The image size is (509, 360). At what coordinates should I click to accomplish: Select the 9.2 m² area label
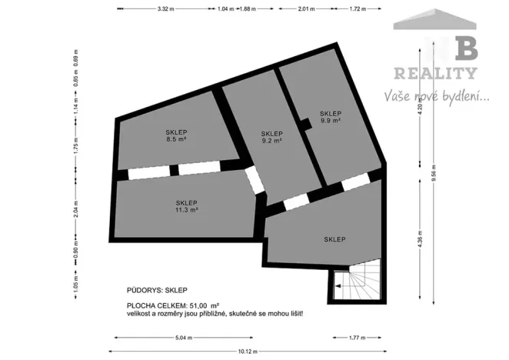click(271, 141)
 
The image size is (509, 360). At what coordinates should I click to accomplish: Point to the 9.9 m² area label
click(331, 120)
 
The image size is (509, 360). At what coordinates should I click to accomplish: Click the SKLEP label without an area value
click(334, 239)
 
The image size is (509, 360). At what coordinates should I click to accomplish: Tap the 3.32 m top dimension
click(164, 8)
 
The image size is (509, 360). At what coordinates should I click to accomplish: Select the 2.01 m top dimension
click(307, 8)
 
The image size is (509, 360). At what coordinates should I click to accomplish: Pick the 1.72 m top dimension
click(357, 8)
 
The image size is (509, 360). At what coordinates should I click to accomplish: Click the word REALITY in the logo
click(435, 74)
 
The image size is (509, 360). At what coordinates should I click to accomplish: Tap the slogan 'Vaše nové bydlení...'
click(437, 97)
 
